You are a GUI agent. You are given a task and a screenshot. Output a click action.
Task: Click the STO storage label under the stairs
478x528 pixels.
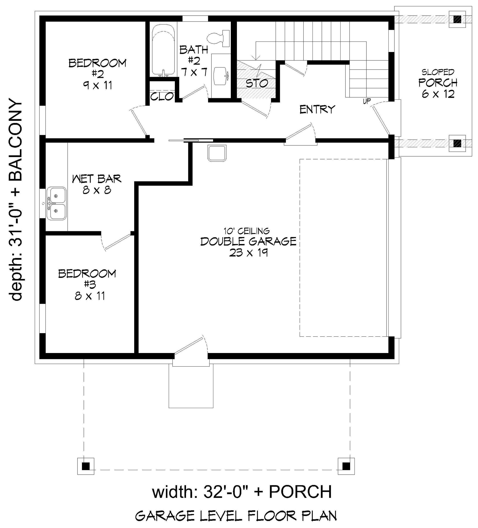tap(257, 83)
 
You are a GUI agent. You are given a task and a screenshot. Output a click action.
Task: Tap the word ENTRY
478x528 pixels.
tap(317, 109)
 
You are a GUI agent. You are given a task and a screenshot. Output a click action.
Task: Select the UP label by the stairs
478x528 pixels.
tap(367, 101)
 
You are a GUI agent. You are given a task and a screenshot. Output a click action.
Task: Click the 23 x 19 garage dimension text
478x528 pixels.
tap(248, 253)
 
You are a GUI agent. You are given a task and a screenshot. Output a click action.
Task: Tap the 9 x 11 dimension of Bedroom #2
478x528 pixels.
tap(98, 85)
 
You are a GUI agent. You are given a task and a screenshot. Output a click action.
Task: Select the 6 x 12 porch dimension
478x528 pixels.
tap(438, 94)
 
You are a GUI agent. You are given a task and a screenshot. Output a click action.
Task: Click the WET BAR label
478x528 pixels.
tap(97, 179)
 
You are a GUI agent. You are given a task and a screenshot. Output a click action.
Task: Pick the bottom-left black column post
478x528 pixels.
tap(86, 466)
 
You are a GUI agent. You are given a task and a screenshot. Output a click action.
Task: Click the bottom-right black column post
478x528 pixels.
tap(346, 466)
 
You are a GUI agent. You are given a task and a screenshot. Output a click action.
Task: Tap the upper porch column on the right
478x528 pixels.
tap(457, 19)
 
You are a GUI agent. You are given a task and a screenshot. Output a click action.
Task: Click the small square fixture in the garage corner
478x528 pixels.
tap(217, 153)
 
